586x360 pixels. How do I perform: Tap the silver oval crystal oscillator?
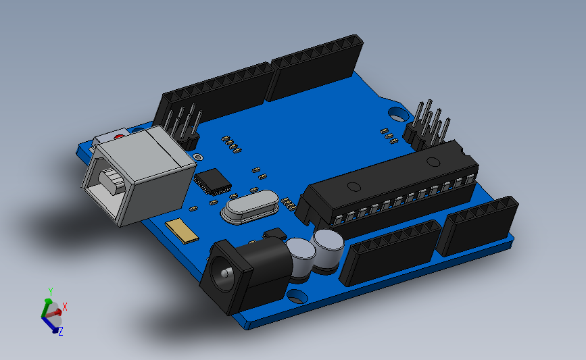pos(249,207)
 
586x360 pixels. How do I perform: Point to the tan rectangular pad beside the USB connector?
pos(182,230)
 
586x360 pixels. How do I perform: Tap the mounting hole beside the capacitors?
pos(296,297)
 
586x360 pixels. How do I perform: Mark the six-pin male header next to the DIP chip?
pos(429,126)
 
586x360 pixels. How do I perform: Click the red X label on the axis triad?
pos(65,307)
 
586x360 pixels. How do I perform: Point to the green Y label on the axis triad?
pos(50,291)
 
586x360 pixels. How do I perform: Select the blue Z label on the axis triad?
pos(60,331)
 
